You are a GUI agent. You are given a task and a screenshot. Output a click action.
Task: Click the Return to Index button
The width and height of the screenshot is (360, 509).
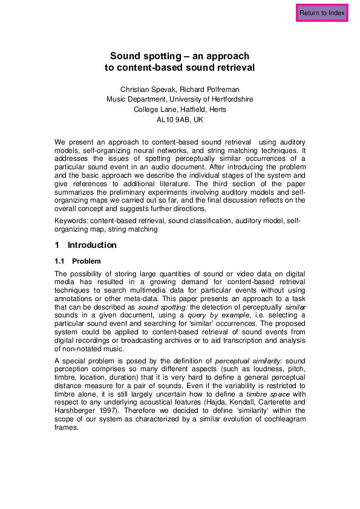point(322,13)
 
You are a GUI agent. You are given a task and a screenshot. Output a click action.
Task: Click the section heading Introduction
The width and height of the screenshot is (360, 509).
point(92,245)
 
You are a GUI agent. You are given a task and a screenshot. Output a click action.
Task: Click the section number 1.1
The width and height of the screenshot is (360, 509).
point(61,261)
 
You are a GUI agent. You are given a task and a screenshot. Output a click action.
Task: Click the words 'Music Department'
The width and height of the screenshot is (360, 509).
point(136,99)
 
